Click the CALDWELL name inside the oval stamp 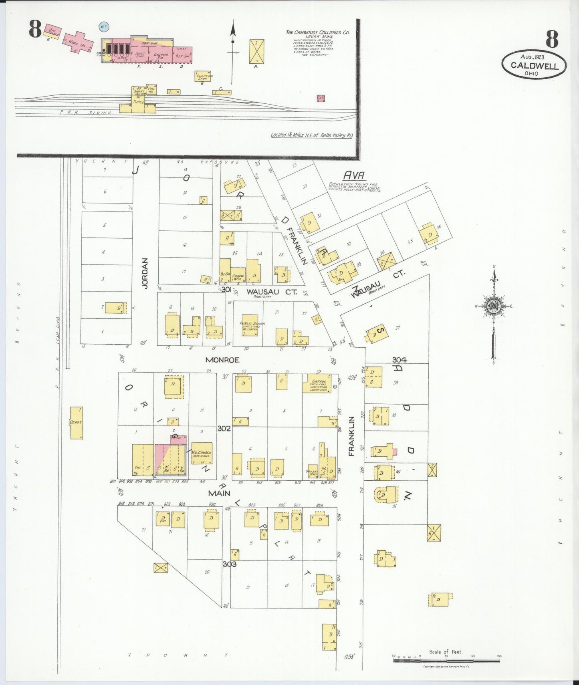(x=535, y=66)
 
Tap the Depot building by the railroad (x=76, y=423)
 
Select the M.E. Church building (x=202, y=453)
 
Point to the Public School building (x=250, y=325)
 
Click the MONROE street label (x=222, y=360)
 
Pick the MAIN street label (x=219, y=493)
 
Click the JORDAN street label (x=145, y=273)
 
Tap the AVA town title (x=354, y=175)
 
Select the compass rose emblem (x=494, y=306)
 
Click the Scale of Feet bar (x=446, y=658)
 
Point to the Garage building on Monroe (x=317, y=383)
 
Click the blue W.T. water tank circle (x=104, y=27)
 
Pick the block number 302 (x=224, y=428)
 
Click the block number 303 (x=230, y=564)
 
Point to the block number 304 (x=399, y=360)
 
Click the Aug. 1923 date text (x=533, y=57)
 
